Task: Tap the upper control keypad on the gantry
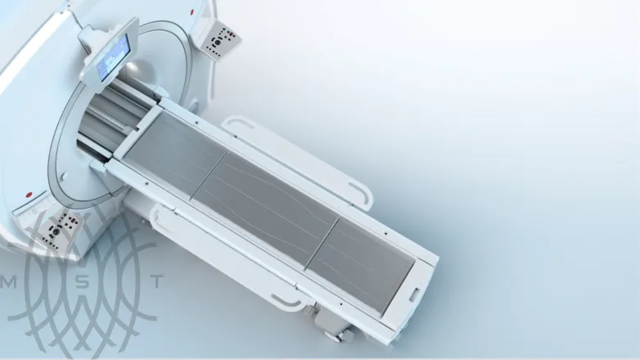tap(220, 37)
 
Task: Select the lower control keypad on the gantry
tap(59, 227)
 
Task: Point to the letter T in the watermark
tap(158, 281)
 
